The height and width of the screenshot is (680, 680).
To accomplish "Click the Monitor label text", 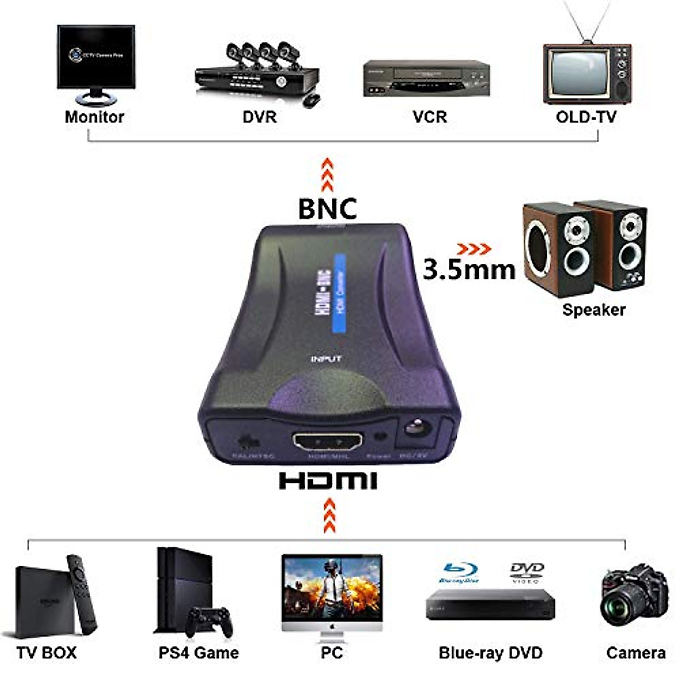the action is (x=94, y=117).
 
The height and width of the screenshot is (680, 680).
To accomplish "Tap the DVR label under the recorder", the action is (x=259, y=117).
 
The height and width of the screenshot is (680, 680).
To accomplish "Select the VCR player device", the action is (x=426, y=79).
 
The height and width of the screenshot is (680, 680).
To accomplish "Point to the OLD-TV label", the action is (x=585, y=117).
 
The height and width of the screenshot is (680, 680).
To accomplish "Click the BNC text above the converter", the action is (x=328, y=209).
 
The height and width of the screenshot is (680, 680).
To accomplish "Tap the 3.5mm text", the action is (x=469, y=270).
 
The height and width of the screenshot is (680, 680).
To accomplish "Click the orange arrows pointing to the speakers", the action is (x=474, y=249).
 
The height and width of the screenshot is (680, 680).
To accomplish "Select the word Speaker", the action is (x=593, y=309).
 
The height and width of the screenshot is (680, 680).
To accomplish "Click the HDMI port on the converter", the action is (x=328, y=441).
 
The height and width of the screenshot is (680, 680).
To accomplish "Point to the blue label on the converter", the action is (x=340, y=293).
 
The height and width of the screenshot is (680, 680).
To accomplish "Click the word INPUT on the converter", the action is (x=326, y=359).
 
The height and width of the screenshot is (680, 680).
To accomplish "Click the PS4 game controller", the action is (x=210, y=622).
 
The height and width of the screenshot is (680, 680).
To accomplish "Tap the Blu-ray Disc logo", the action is (x=459, y=572).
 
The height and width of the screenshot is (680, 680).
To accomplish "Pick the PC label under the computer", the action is (x=331, y=652).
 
